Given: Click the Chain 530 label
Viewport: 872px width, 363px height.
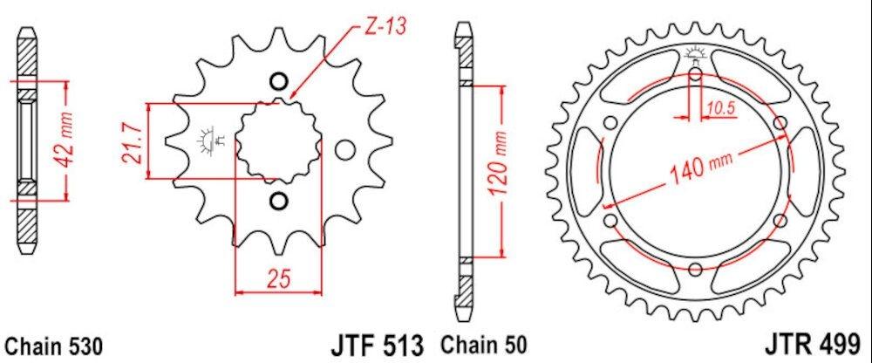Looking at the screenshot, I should pos(54,345).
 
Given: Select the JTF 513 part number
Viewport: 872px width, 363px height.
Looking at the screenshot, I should pos(377,343).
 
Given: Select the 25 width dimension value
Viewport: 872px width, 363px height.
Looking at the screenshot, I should pos(278,279).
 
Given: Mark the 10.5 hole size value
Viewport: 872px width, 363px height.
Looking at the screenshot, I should pos(719,109).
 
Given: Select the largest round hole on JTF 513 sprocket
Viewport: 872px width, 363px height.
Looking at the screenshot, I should pos(345,150).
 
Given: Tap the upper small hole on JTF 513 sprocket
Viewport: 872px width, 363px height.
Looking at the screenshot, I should pos(278,83).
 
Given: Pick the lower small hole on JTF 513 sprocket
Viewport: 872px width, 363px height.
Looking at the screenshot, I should pos(278,202).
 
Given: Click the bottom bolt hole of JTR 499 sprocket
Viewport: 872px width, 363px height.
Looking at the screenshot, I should pos(695,269).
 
